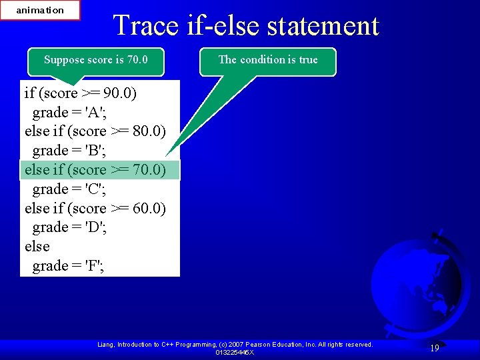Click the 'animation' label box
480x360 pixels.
(40, 10)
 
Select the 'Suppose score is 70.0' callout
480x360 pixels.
(95, 60)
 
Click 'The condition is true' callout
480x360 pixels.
(268, 60)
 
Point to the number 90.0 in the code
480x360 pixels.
(117, 93)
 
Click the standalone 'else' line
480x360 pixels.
(37, 247)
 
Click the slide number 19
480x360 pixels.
(434, 347)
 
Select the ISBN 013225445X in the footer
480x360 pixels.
(235, 352)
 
